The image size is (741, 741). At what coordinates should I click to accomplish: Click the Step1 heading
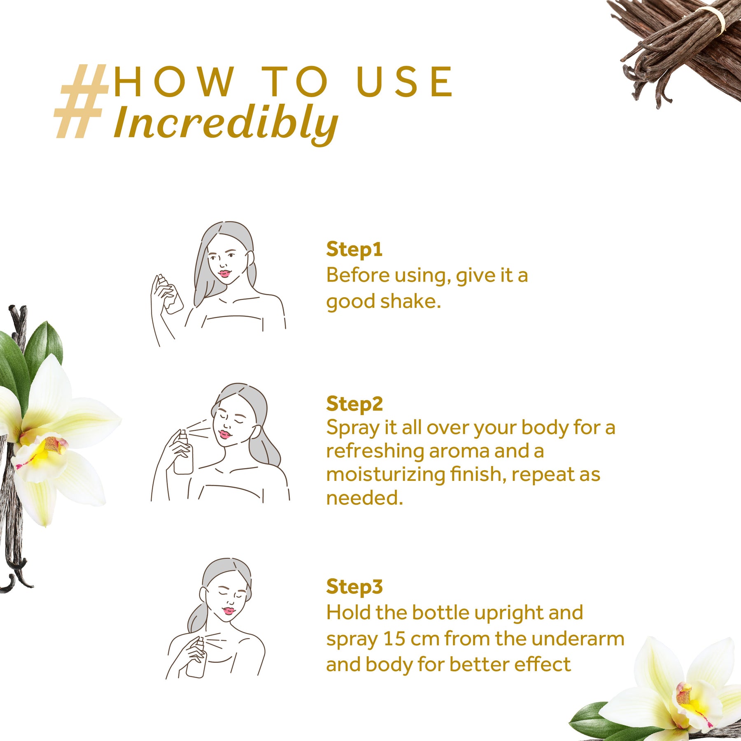click(x=354, y=250)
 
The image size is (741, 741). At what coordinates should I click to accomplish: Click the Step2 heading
click(x=354, y=404)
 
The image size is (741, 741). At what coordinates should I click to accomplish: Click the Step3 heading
click(x=354, y=587)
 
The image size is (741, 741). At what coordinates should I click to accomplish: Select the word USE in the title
click(x=405, y=82)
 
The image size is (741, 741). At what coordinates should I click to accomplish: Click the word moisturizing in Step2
click(x=385, y=475)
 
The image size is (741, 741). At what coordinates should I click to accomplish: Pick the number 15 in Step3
click(x=394, y=639)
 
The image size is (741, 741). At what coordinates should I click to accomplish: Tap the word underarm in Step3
click(x=578, y=639)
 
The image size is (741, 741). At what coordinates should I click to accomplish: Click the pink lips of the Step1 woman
click(x=224, y=273)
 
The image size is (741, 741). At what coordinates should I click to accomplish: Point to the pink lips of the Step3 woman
click(x=228, y=611)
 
